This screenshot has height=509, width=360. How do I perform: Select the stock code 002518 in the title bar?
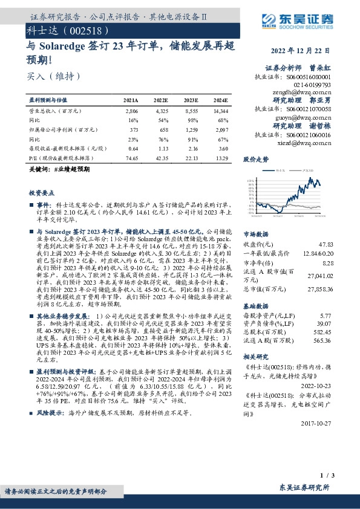tap(88, 30)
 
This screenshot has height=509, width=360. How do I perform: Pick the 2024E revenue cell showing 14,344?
tap(221, 112)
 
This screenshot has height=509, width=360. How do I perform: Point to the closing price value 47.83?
tap(326, 244)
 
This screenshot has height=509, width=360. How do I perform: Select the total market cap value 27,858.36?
tap(320, 290)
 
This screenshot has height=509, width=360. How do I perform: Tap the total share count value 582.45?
tap(324, 332)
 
